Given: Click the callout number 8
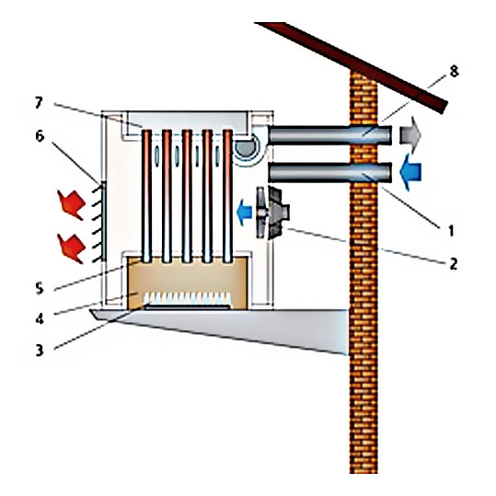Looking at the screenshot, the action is pos(454,72).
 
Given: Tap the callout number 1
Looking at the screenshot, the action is pos(452,231).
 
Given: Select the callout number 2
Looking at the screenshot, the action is pos(454,263).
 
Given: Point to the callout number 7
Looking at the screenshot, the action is pos(39,103).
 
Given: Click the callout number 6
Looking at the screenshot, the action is pos(40,136).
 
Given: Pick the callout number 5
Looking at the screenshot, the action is pos(40,288).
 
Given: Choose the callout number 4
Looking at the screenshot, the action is pos(40,318).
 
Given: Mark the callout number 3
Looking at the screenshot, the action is pos(40,351).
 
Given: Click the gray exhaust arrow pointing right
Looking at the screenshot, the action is pos(410,134).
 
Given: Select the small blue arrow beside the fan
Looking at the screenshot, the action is pos(244,213).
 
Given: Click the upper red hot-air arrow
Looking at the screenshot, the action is pos(72,204).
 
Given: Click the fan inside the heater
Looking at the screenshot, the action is pos(272,213).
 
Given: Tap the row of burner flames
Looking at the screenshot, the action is pos(188,298).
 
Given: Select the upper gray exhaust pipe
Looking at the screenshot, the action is pos(329,135).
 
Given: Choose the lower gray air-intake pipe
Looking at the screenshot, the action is pos(329,172).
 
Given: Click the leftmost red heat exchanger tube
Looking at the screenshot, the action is pos(146,196).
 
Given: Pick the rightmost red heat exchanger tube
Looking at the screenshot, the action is pos(228,196).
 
